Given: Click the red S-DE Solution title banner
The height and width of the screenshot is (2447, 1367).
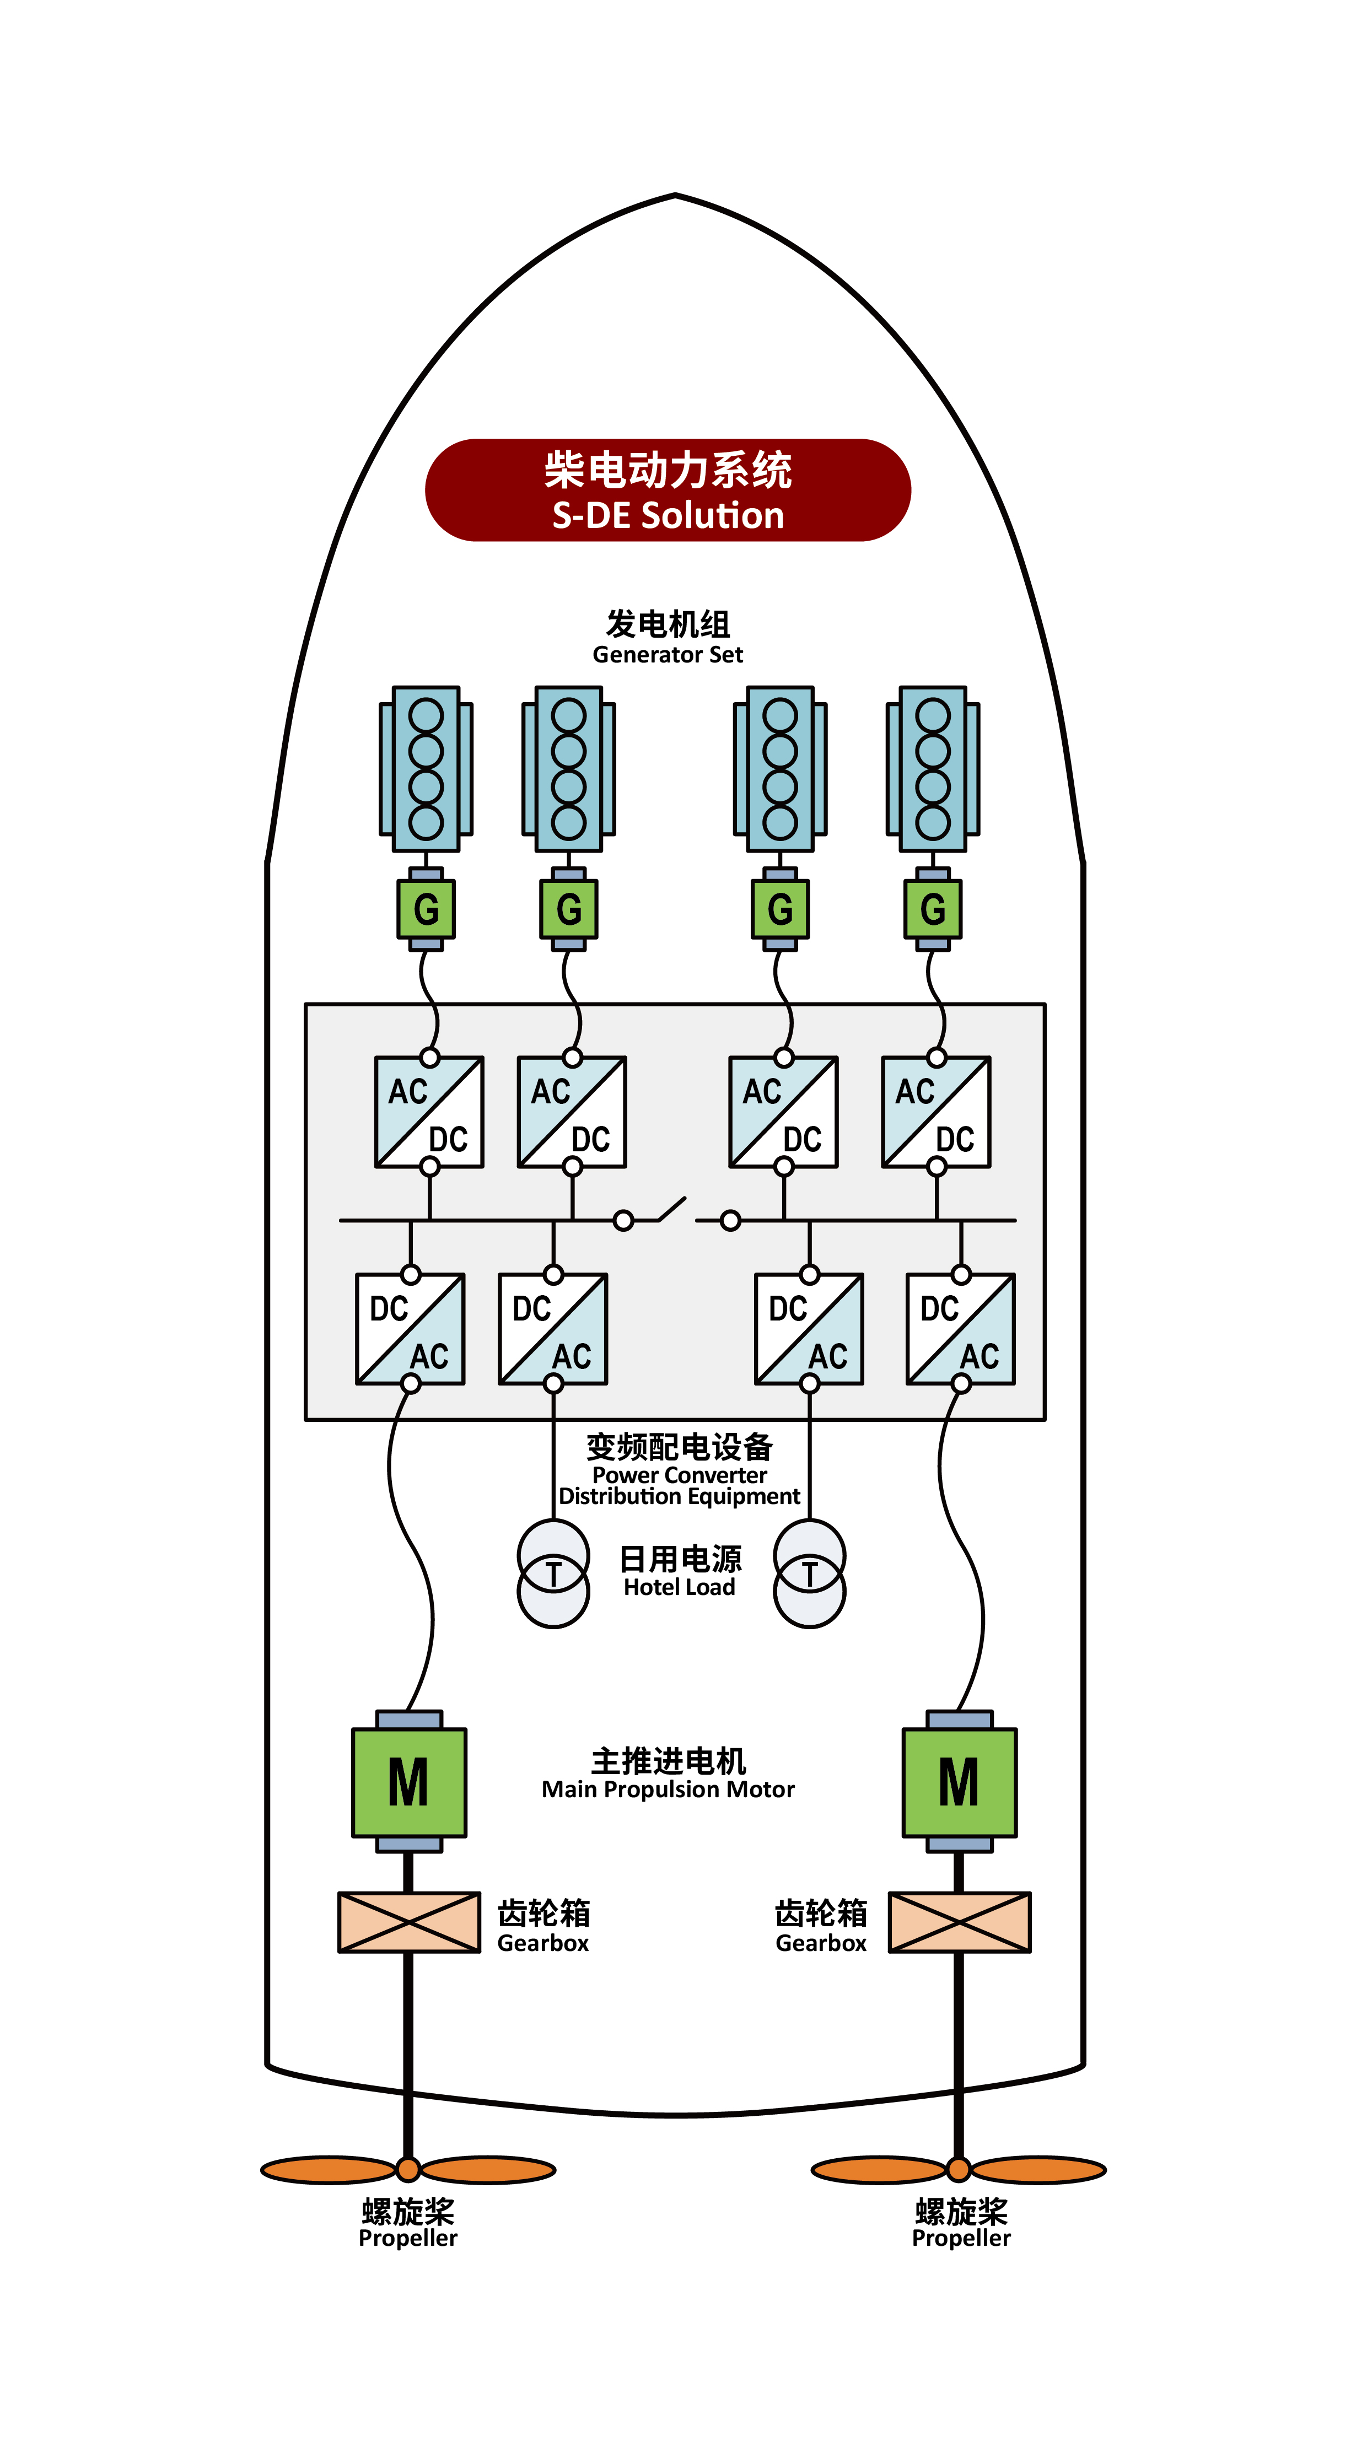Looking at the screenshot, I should click(x=668, y=490).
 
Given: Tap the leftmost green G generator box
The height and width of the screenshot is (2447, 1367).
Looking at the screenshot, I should click(x=426, y=909).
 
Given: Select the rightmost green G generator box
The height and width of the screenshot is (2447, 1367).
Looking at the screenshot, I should click(x=933, y=909).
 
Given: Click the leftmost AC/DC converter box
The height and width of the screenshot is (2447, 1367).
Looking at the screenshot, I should click(x=429, y=1112).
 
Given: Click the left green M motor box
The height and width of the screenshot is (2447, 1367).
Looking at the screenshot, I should click(x=408, y=1782).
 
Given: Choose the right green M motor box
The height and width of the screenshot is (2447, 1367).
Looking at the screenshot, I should click(x=960, y=1782).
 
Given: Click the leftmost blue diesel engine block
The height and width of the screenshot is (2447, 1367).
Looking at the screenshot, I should click(x=426, y=768).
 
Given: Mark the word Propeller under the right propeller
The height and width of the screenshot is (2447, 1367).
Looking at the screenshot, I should click(x=961, y=2238).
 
